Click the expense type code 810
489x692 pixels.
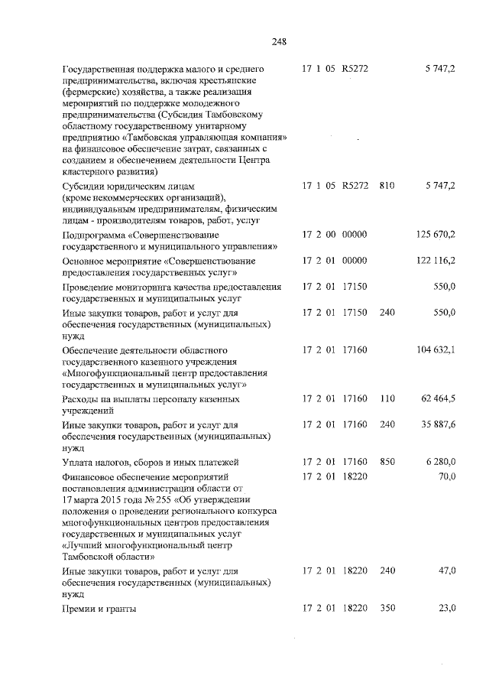click(386, 186)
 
